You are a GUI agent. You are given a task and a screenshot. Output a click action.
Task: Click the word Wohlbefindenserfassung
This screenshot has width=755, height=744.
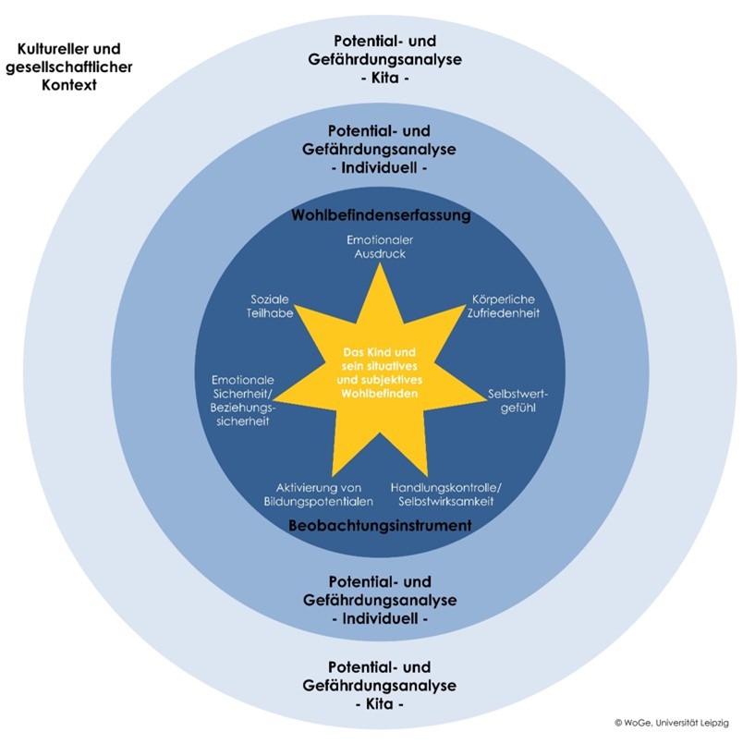tap(381, 215)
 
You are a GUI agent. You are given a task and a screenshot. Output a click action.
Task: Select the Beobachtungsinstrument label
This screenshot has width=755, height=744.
tap(380, 525)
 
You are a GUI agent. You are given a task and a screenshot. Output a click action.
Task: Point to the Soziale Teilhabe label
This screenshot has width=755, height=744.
tap(270, 306)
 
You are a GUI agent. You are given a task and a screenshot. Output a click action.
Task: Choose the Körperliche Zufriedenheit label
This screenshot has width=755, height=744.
tap(504, 306)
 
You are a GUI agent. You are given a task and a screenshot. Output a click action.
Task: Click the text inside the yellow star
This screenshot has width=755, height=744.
tap(380, 373)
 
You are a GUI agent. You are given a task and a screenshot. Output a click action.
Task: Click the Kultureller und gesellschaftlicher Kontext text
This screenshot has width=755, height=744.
tap(68, 66)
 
